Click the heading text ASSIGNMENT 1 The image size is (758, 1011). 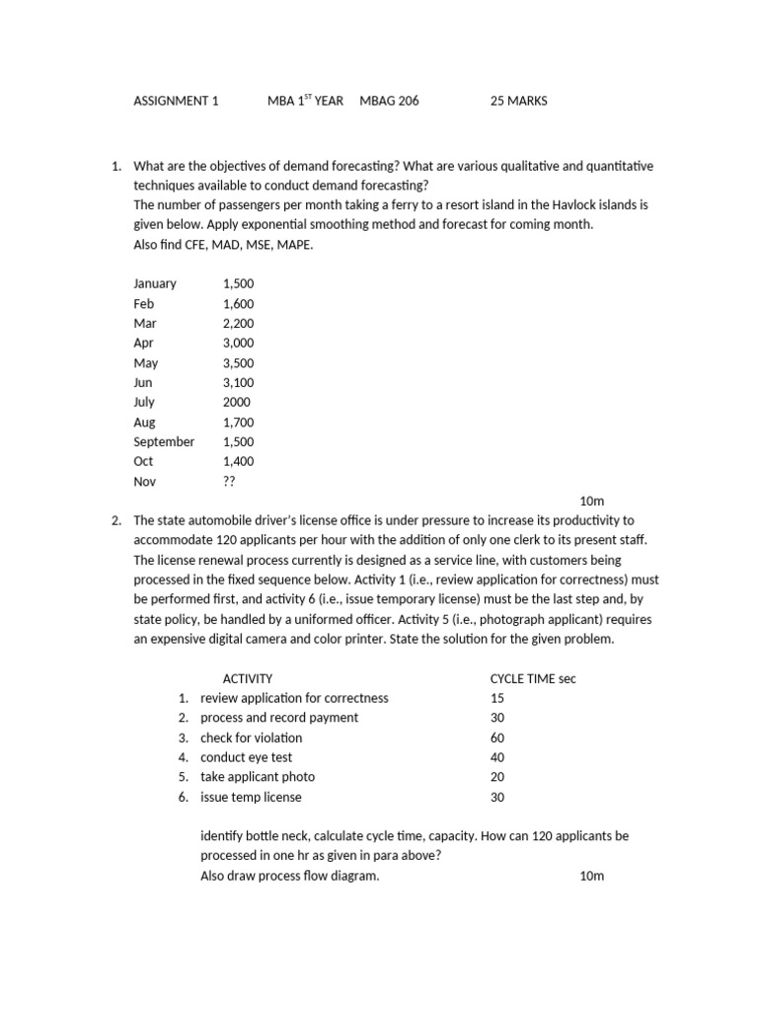(177, 101)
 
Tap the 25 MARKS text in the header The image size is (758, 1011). (518, 101)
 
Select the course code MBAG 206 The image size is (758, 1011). (389, 101)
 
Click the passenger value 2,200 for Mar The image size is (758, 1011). (239, 323)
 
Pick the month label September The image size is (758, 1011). (164, 441)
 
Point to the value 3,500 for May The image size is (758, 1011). (239, 362)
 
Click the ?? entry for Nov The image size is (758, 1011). (230, 482)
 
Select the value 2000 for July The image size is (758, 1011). (237, 402)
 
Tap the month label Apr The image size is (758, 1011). (144, 343)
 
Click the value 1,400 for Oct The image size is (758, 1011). (239, 461)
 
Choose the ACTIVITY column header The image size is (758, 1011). (248, 678)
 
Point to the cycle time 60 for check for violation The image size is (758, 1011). (497, 738)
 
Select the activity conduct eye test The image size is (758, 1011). (246, 757)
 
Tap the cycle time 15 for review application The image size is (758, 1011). (497, 698)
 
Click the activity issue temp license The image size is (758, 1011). (251, 797)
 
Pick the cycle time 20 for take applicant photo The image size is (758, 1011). (497, 777)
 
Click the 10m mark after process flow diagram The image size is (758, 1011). (591, 876)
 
